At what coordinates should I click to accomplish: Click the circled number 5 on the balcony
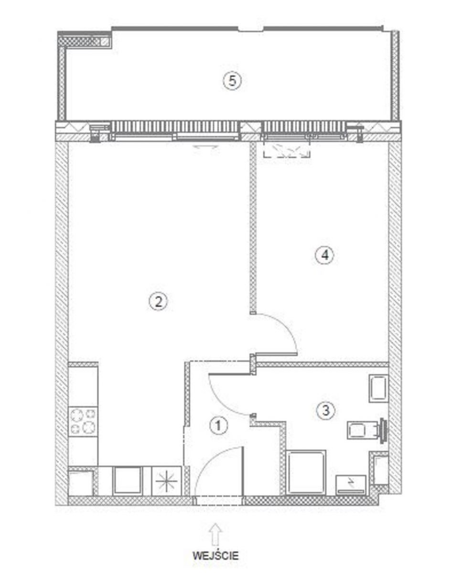click(232, 81)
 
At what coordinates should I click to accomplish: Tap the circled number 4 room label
click(325, 255)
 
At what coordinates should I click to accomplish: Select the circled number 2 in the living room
click(158, 302)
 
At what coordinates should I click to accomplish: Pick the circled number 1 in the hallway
click(218, 425)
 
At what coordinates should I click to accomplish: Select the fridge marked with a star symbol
click(166, 481)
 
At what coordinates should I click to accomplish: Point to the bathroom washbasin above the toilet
click(378, 388)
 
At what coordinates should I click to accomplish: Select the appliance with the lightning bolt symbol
click(351, 484)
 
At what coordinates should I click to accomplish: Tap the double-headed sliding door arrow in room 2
click(206, 146)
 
